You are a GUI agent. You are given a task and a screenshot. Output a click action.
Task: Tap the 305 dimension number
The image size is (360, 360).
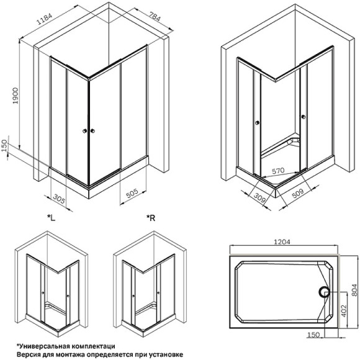[59, 199]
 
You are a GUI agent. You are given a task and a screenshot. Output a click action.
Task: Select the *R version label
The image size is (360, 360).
[150, 217]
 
